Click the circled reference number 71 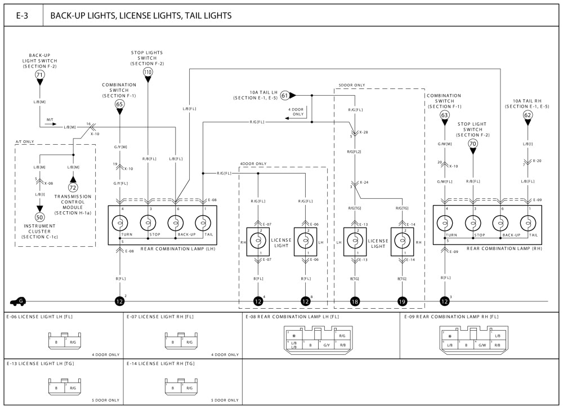click(x=39, y=74)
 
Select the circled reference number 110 click(x=148, y=72)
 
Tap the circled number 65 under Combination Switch click(x=119, y=104)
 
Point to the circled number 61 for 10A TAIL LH click(x=285, y=95)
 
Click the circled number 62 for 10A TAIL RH click(x=528, y=115)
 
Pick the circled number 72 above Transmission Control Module click(x=73, y=186)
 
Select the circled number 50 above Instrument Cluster click(x=39, y=217)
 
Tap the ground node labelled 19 click(x=402, y=301)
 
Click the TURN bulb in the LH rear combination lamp click(x=120, y=223)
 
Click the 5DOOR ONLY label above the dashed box click(x=352, y=85)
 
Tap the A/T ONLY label click(x=26, y=142)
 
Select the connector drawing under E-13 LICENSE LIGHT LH click(x=64, y=386)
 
